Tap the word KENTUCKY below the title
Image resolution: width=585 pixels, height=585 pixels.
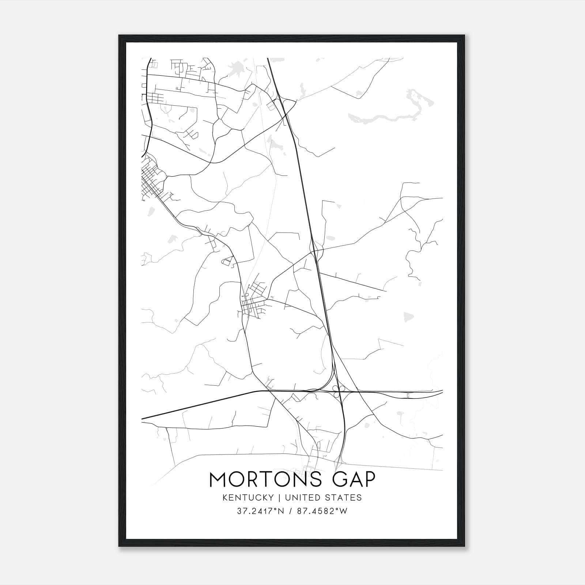(x=248, y=498)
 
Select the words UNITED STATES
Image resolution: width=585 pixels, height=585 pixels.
(x=323, y=498)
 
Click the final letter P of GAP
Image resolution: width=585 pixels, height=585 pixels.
(x=369, y=479)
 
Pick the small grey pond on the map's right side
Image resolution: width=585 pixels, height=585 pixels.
(x=406, y=316)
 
